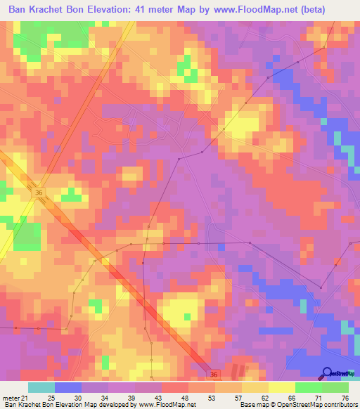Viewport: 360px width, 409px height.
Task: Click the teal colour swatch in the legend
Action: point(41,387)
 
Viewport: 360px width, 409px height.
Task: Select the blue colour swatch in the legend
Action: point(68,387)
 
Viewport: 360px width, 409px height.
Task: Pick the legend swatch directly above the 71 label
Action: point(309,387)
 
